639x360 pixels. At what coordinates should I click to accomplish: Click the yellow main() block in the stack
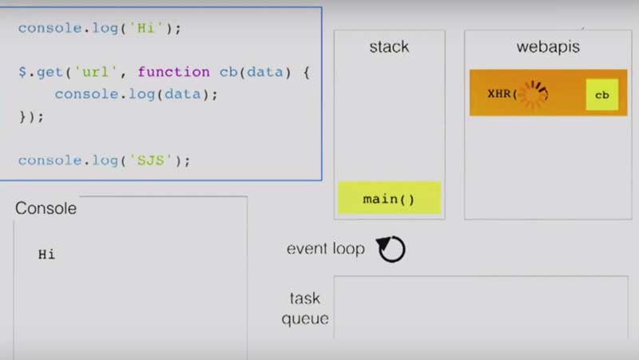pos(389,198)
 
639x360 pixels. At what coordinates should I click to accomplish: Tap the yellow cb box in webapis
pos(601,94)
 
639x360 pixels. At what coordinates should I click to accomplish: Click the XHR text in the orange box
pos(502,94)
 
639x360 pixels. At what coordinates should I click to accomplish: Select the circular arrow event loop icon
pos(391,249)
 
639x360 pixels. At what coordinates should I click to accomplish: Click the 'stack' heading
pos(389,46)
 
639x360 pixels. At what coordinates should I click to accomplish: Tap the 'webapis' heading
pos(548,46)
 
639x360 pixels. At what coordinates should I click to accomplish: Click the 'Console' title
pos(46,209)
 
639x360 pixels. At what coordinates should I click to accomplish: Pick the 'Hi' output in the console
pos(46,255)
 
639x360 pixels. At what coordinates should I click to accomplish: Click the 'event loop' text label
pos(325,249)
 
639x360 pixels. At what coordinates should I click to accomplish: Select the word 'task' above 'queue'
pos(305,299)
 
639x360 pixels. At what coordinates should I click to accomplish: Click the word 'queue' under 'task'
pos(305,318)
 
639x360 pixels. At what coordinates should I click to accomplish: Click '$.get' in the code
pos(38,72)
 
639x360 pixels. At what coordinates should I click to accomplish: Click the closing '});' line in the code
pos(31,116)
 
